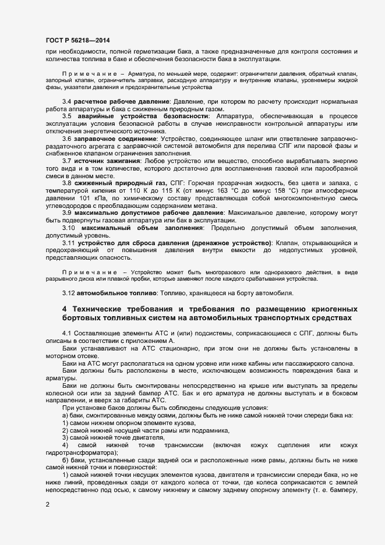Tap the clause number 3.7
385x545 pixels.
coord(67,160)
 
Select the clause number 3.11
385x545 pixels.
coord(69,242)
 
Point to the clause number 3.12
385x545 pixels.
coord(69,292)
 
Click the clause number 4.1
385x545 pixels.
coord(66,332)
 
